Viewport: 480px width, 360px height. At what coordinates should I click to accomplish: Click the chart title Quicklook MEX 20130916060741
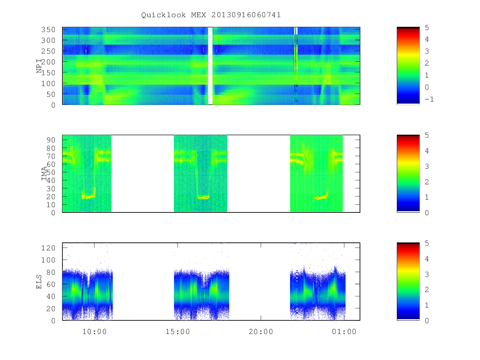[211, 15]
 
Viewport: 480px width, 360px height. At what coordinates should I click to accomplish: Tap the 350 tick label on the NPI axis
[48, 30]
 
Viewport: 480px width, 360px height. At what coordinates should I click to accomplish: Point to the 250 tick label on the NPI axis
[48, 51]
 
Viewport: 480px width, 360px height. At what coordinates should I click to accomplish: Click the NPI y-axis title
[39, 66]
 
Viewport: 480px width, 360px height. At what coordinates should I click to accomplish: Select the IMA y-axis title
[44, 173]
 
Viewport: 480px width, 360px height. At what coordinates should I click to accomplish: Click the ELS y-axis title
[39, 282]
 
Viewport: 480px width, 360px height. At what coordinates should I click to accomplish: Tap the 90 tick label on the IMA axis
[51, 140]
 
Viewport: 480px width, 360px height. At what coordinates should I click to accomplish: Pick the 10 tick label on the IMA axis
[51, 205]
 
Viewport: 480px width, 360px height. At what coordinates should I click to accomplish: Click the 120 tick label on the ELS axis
[48, 248]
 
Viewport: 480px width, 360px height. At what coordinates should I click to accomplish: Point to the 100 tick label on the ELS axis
[48, 260]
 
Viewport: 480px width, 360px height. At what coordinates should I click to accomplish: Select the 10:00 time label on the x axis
[94, 332]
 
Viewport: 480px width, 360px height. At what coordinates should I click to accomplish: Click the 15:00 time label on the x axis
[178, 332]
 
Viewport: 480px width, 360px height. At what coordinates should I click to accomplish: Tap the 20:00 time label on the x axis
[261, 332]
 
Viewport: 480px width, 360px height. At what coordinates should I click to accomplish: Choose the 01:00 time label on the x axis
[344, 332]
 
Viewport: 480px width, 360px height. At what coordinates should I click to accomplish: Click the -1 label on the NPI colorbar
[429, 99]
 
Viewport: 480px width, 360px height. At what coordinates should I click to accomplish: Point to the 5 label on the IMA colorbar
[427, 135]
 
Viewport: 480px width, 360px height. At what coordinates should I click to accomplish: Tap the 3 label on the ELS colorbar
[427, 274]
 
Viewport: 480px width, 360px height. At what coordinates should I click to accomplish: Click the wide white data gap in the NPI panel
[210, 66]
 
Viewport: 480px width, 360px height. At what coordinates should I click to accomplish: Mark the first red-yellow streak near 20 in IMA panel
[88, 197]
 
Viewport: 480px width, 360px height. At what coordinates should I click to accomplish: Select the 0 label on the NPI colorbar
[427, 87]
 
